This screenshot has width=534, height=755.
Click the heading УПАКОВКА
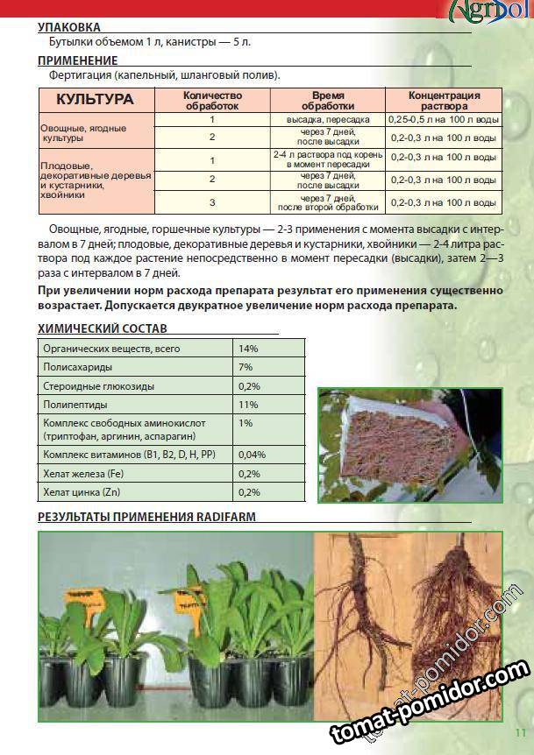click(x=69, y=27)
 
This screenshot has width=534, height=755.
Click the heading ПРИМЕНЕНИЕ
click(x=77, y=60)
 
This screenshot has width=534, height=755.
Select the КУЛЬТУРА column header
click(x=95, y=99)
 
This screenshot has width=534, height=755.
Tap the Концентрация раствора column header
click(x=445, y=100)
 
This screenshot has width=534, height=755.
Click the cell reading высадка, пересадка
click(x=327, y=119)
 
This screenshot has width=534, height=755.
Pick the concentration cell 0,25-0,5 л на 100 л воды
click(x=445, y=119)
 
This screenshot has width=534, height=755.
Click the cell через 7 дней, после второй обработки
click(x=327, y=203)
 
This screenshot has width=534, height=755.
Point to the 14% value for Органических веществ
click(x=248, y=349)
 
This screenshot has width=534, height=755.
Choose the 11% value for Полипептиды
click(x=248, y=406)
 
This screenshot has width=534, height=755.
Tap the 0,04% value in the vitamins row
click(x=252, y=455)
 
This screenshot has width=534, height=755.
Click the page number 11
click(x=520, y=732)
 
